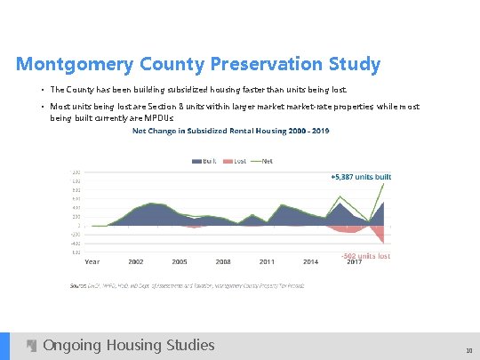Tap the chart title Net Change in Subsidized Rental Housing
point(230,132)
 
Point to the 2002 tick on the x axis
point(136,262)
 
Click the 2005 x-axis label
point(180,262)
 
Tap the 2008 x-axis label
point(223,262)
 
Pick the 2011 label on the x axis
point(267,262)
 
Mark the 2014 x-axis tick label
point(310,262)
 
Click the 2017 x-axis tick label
point(354,262)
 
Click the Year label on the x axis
point(92,262)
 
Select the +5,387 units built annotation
point(360,177)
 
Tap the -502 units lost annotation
point(365,256)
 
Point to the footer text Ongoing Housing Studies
point(129,345)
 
